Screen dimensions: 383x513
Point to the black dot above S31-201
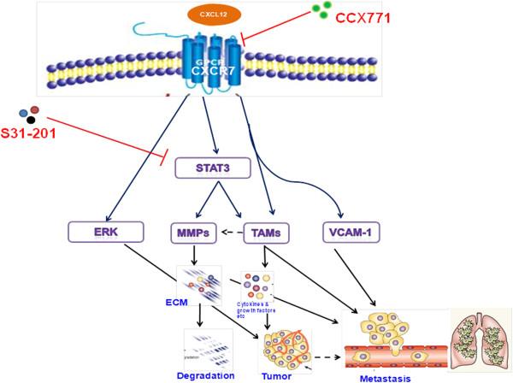(32, 120)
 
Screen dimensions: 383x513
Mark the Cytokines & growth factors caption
(257, 309)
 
